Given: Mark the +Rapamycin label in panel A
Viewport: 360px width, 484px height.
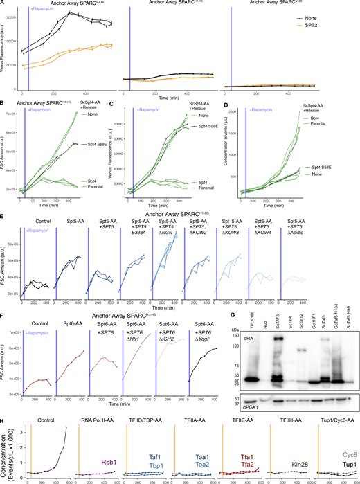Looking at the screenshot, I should click(42, 8).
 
